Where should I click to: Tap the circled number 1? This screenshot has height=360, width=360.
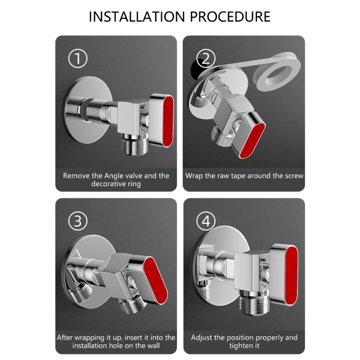pyautogui.click(x=77, y=59)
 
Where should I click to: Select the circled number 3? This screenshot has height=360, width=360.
pyautogui.click(x=77, y=221)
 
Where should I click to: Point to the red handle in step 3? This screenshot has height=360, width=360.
pyautogui.click(x=155, y=279)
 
